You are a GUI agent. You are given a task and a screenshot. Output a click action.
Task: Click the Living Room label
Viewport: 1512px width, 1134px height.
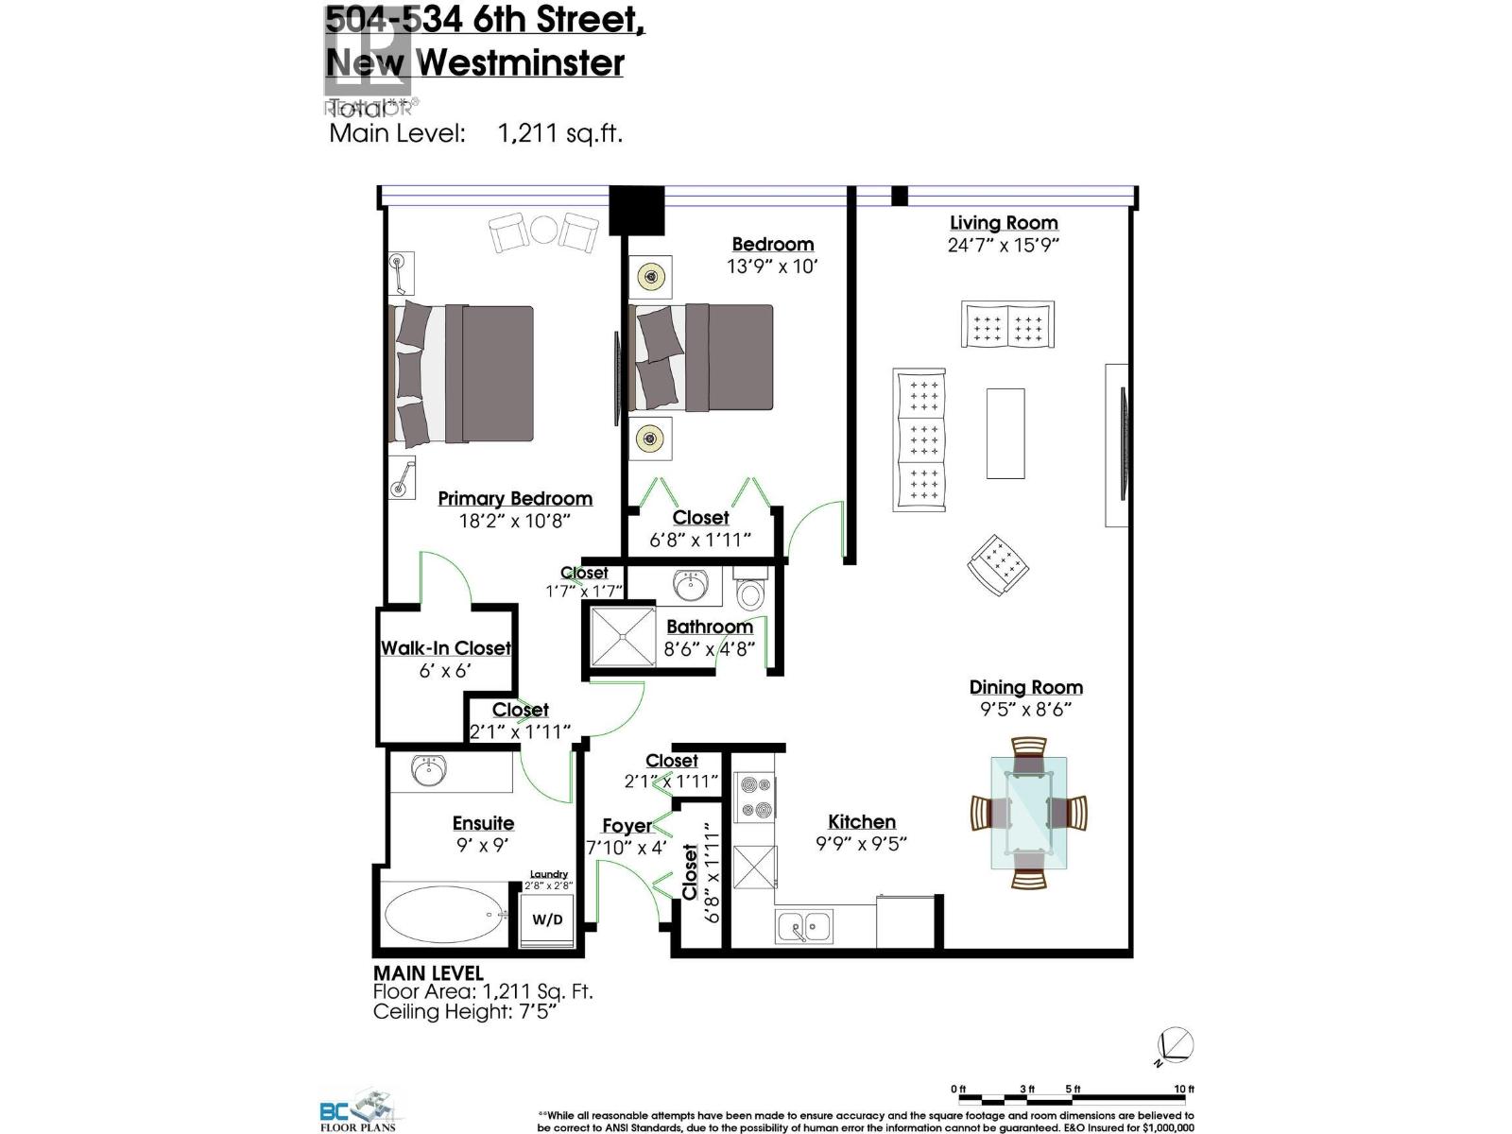(1003, 223)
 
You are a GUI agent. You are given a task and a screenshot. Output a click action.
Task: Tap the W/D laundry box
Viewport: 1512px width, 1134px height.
(547, 919)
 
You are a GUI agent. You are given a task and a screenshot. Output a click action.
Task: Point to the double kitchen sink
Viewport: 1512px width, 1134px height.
(804, 927)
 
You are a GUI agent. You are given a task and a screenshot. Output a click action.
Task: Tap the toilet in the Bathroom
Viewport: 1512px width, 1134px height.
(750, 592)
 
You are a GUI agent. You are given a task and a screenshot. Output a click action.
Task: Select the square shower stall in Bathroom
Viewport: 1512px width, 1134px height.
(622, 636)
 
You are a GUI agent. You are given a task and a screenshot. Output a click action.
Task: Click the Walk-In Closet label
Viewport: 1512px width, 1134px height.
(445, 648)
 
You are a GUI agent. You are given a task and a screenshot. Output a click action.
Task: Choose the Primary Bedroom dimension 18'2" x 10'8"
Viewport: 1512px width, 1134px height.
(514, 521)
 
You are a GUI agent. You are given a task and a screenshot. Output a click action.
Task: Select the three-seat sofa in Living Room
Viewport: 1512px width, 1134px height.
(919, 440)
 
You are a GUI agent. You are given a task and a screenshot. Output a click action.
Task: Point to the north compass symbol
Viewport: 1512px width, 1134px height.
(1176, 1046)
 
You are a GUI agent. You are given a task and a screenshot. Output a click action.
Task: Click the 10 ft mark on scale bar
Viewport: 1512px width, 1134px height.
(1183, 1090)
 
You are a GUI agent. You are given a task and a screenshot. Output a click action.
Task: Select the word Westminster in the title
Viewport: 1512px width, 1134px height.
(521, 62)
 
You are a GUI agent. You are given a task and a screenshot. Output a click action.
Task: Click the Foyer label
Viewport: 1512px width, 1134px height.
(626, 826)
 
